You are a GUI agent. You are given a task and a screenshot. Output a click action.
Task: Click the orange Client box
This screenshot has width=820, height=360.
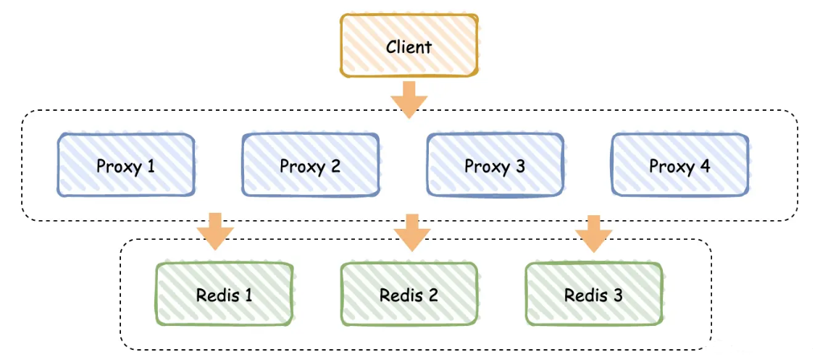pos(409,45)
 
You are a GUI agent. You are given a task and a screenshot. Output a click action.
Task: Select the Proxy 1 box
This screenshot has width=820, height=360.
pos(126,165)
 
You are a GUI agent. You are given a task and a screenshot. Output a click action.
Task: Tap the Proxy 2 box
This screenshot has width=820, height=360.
pos(310,165)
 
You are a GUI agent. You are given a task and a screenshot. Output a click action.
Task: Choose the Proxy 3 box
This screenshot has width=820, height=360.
pos(495,165)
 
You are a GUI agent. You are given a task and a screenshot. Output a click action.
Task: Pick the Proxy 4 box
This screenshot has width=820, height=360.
pos(679,165)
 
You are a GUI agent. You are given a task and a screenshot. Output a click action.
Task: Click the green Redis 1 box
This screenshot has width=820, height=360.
pos(225,295)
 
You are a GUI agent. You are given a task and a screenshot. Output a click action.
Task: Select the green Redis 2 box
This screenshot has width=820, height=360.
pos(409,295)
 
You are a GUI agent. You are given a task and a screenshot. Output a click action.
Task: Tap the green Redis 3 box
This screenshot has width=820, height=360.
pos(593,295)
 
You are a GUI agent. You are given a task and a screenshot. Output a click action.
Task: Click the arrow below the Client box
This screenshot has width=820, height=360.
pos(409,99)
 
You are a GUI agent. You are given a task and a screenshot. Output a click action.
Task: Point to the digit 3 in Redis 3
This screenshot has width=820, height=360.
pos(617,296)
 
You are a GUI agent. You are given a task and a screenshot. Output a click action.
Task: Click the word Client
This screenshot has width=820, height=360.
pos(409,47)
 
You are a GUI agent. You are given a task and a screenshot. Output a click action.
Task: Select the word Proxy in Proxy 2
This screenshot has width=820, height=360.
pos(301,167)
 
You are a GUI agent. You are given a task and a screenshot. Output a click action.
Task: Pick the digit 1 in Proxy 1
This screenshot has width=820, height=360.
pos(151,166)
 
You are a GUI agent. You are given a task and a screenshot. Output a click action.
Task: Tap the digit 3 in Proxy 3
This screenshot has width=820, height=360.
pos(519,166)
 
